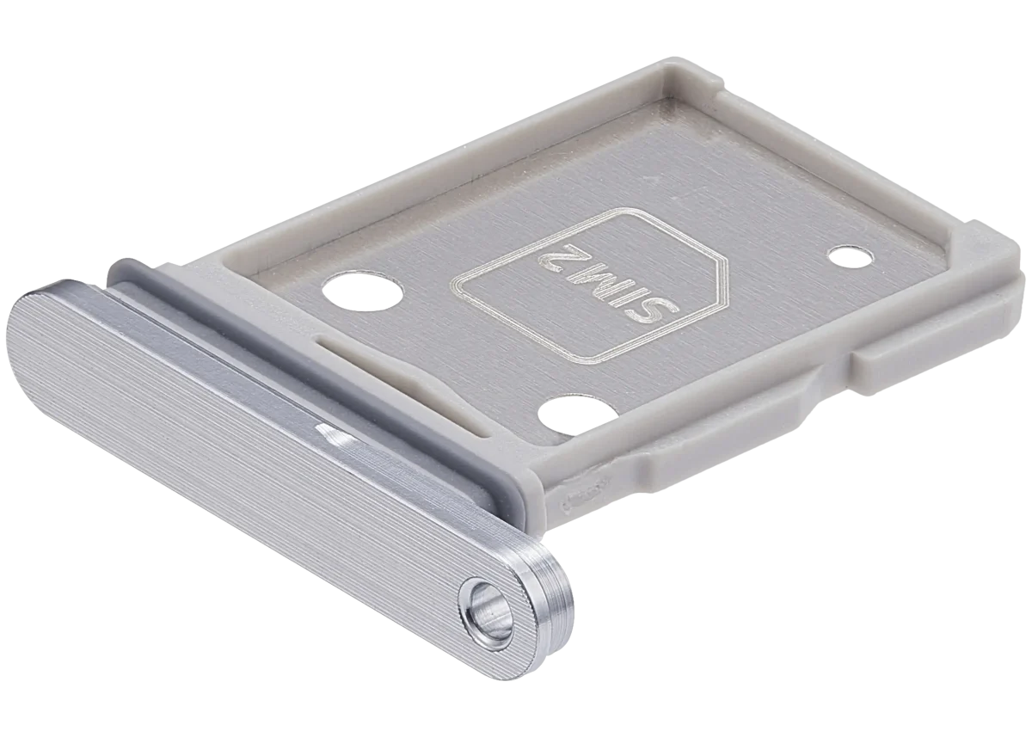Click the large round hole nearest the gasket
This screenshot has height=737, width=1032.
363,292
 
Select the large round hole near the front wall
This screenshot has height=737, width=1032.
578,414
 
